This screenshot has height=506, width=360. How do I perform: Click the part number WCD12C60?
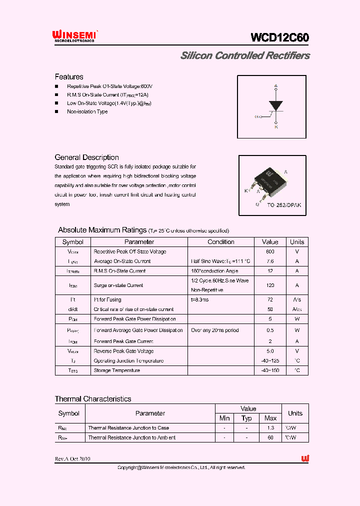click(279, 38)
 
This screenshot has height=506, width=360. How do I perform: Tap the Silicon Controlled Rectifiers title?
click(245, 56)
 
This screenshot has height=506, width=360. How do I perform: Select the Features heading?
click(69, 77)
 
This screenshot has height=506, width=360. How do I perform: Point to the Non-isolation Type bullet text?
click(87, 111)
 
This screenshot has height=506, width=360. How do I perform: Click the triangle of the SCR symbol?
click(275, 105)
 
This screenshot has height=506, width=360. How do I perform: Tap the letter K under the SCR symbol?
click(276, 127)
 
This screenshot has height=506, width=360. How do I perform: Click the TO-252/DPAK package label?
click(283, 205)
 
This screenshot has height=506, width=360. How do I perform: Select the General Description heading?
click(86, 157)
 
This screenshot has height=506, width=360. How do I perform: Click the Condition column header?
click(220, 242)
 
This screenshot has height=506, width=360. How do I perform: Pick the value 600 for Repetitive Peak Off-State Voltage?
click(270, 251)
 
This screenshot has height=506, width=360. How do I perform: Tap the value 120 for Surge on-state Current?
click(270, 285)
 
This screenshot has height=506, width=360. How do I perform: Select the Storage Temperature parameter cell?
click(117, 370)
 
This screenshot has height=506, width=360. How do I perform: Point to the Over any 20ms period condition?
click(215, 330)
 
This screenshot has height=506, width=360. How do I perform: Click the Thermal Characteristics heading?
click(93, 399)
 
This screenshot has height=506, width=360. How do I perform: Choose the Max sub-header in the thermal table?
click(270, 418)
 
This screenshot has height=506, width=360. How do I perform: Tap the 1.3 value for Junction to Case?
click(270, 428)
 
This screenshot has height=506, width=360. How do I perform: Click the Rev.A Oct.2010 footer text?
click(73, 459)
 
